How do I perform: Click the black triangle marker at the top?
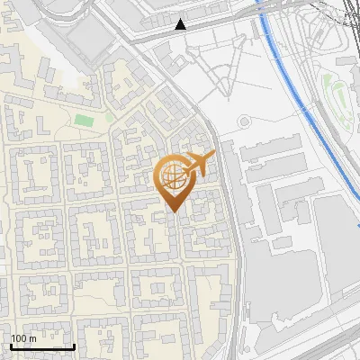(x=182, y=24)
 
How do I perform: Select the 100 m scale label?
(x=23, y=338)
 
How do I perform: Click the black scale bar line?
(x=42, y=346)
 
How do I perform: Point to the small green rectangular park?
(x=84, y=121)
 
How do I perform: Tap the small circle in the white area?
(x=244, y=122)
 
